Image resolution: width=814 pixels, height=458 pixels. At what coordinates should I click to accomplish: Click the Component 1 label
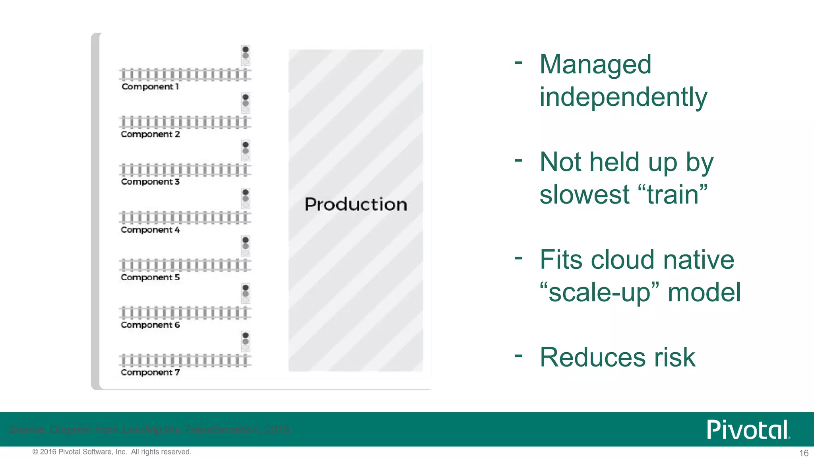coord(150,87)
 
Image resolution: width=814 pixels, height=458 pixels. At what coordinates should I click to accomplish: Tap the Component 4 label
coord(150,230)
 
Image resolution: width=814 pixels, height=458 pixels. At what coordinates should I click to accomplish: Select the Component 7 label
coord(150,373)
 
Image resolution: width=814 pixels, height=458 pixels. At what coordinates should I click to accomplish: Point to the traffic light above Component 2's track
coord(246,103)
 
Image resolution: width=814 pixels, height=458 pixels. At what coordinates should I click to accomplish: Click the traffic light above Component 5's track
coord(246,246)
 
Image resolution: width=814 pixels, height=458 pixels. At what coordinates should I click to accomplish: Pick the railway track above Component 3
coord(185,170)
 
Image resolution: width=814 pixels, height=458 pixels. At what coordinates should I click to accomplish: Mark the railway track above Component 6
coord(185,313)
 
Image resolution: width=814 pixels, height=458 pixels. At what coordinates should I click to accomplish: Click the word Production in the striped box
coord(356,204)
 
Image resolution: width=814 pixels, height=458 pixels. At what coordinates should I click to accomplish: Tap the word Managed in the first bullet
coord(595,64)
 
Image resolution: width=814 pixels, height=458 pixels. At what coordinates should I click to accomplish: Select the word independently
coord(623,97)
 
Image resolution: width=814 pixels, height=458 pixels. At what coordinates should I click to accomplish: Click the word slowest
coord(584,195)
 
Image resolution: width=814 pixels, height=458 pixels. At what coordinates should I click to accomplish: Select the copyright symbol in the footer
coord(35,452)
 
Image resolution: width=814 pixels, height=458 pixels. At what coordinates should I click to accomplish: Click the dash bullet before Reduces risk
coord(518,355)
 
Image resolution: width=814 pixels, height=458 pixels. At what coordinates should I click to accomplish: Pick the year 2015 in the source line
coord(278,430)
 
